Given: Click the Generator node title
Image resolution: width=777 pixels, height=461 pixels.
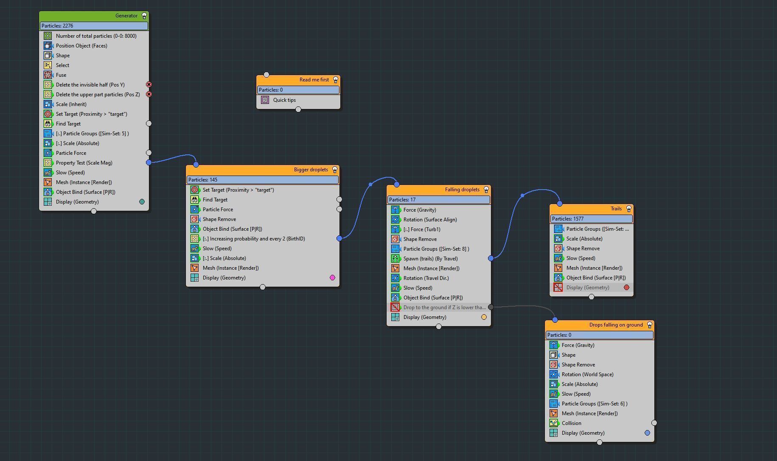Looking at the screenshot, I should point(126,16).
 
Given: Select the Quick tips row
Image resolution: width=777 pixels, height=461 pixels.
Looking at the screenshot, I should point(284,100).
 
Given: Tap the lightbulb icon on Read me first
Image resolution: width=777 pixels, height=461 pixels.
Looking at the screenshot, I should point(336,80).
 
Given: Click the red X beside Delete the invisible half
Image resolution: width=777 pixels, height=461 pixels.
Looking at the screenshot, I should point(149,85).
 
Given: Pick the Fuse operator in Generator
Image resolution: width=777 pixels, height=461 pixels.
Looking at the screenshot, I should point(61,75).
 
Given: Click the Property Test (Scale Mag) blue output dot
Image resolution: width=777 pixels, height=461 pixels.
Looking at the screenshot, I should point(149,162).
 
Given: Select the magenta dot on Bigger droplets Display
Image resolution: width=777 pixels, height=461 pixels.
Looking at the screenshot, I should point(332,278).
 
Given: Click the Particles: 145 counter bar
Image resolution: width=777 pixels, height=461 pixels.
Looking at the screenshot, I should point(262,180).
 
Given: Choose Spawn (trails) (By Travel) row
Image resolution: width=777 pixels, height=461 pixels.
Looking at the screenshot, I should point(430,259).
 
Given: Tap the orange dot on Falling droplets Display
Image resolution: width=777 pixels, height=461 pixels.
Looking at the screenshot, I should point(484,317).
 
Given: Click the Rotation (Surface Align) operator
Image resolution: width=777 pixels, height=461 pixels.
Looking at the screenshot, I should point(430,220).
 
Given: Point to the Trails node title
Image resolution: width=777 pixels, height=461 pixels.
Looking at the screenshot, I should point(616,209).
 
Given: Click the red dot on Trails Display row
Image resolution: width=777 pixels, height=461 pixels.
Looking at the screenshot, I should point(626,288).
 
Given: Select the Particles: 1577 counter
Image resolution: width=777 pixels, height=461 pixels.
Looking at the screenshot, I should point(591,219).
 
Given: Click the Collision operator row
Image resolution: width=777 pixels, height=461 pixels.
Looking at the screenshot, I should point(571,423).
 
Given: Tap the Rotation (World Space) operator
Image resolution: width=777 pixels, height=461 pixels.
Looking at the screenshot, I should point(587,374).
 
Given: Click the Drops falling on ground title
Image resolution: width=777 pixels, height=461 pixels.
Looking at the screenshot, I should point(616,325).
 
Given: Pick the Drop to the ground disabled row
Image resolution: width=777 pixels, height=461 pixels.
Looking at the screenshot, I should point(444,307).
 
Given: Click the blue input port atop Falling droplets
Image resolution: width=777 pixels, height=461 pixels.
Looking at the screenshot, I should point(397,184).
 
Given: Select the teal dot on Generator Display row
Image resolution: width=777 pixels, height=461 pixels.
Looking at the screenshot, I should point(142,202).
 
